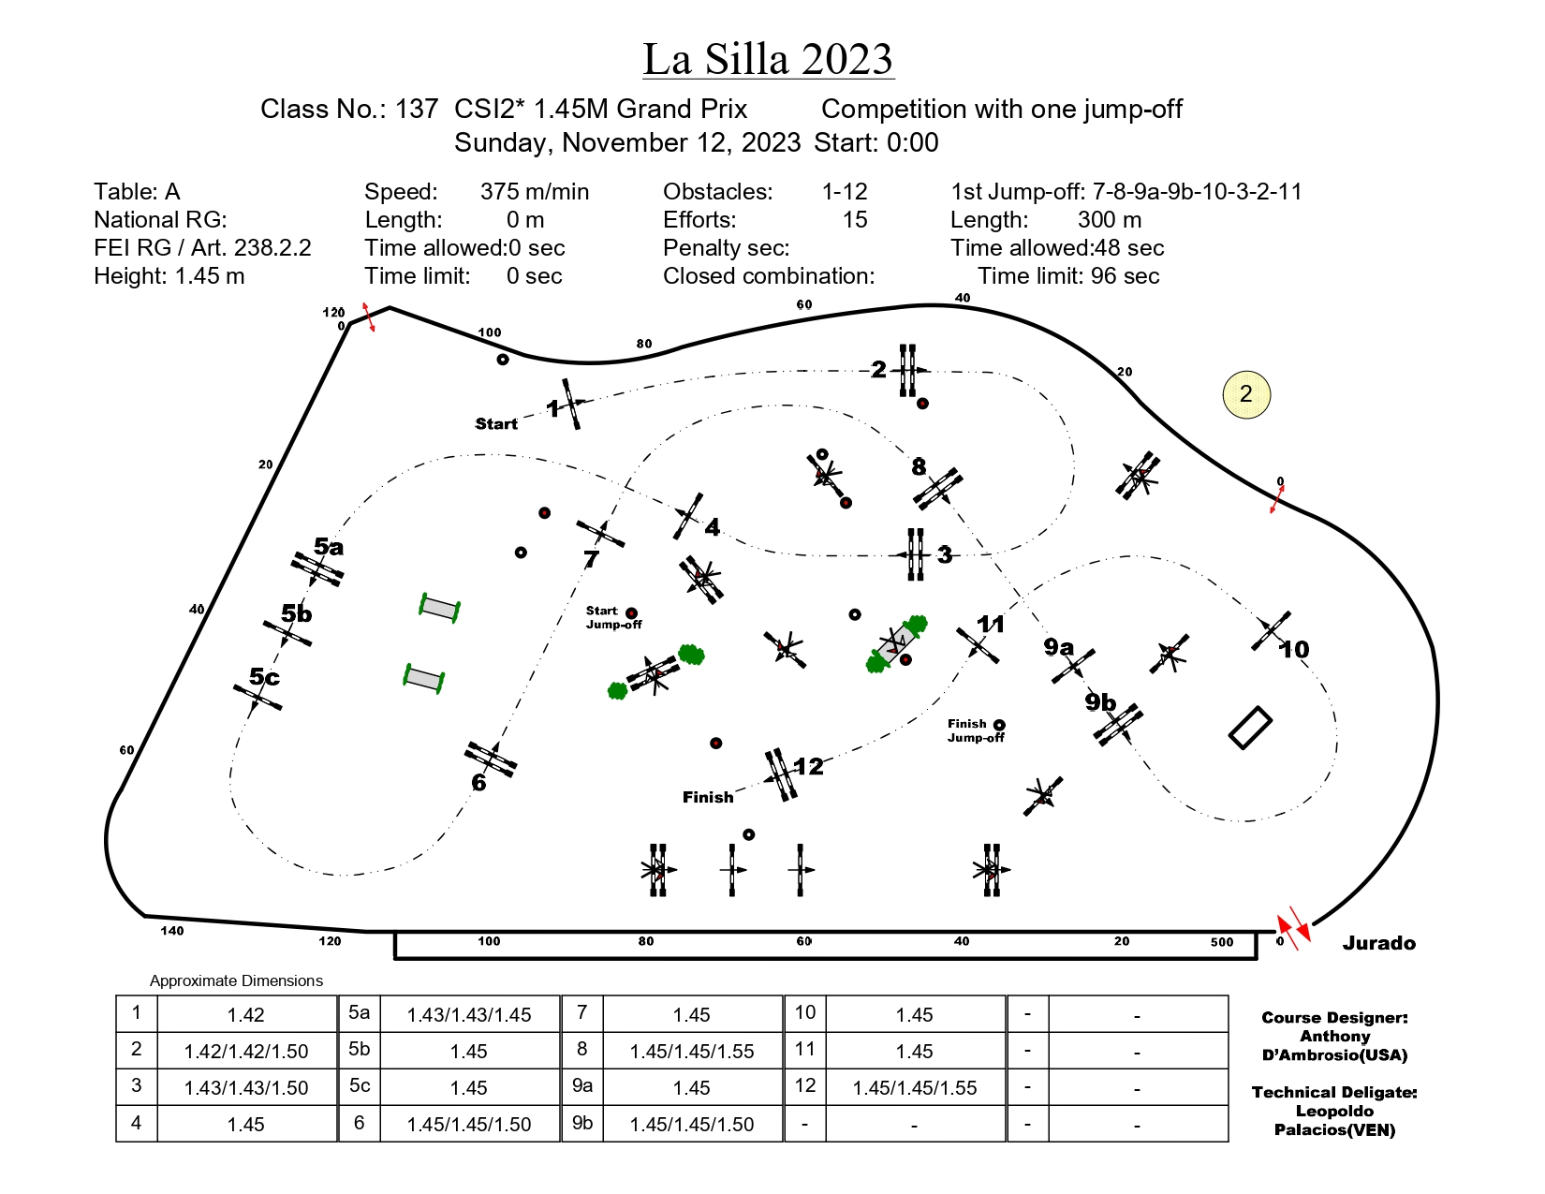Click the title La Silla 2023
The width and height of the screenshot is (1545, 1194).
coord(768,59)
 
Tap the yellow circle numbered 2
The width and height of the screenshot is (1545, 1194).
coord(1245,394)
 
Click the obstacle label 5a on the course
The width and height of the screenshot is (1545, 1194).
coord(329,546)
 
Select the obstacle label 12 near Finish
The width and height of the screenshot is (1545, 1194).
coord(808,766)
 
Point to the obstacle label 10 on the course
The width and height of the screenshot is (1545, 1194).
coord(1293,649)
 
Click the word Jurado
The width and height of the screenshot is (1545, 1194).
coord(1378,943)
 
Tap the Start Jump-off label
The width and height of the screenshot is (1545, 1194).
coord(613,617)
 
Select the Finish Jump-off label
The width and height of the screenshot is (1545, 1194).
coord(976,730)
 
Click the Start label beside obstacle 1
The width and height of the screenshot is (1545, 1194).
coord(495,424)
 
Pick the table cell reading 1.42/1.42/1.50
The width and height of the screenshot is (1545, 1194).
coord(246,1051)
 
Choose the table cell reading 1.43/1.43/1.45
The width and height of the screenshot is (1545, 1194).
coord(468,1015)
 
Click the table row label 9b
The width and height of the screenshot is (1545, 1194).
coord(582,1123)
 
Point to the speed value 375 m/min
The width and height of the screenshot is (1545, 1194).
coord(534,191)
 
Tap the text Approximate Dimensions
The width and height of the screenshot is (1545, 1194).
coord(236,980)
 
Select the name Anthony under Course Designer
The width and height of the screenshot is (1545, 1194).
coord(1334,1036)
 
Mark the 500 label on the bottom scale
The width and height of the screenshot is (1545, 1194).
coord(1222,942)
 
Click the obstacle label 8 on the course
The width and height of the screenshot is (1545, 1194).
coord(919,466)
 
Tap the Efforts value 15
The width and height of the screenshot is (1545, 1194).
coord(855,220)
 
